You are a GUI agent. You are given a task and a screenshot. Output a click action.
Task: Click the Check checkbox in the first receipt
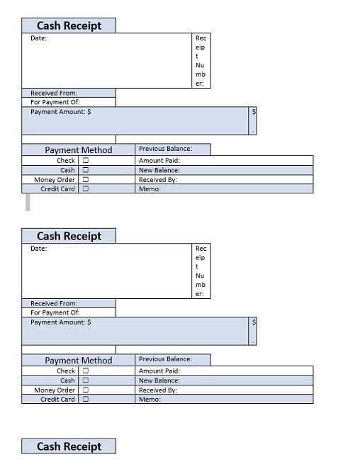(86, 160)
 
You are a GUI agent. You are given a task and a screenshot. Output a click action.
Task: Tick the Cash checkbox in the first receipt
(86, 170)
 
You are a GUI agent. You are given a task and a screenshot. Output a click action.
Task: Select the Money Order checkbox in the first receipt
(86, 179)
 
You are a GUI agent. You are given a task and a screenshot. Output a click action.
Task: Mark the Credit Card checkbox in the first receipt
(86, 188)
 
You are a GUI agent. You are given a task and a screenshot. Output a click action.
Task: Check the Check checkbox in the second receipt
(86, 371)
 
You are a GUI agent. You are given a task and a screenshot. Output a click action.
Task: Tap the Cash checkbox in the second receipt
(86, 380)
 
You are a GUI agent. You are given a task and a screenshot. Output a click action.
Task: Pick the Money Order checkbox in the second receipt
(86, 390)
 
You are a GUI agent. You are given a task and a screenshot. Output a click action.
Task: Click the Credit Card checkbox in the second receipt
(86, 399)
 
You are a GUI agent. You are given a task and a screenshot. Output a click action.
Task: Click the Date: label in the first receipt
(38, 38)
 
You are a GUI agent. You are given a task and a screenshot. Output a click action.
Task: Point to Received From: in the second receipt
(54, 303)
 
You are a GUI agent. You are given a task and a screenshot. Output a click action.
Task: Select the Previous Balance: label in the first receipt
(166, 149)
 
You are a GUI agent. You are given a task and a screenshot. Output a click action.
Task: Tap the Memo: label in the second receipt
(150, 400)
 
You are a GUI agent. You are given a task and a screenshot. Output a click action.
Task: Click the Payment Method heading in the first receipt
(79, 150)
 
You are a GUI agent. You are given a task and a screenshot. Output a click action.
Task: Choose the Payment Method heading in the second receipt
(79, 360)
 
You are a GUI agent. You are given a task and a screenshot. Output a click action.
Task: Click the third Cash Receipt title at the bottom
(69, 446)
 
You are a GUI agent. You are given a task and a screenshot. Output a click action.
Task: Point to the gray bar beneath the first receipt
(28, 203)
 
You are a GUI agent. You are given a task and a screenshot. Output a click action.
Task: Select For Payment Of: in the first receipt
(55, 102)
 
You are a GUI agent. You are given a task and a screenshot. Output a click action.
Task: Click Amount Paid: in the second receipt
(159, 371)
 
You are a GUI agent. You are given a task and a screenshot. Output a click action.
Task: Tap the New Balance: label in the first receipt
(159, 170)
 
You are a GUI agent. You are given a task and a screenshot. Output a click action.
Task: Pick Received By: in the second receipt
(158, 390)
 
